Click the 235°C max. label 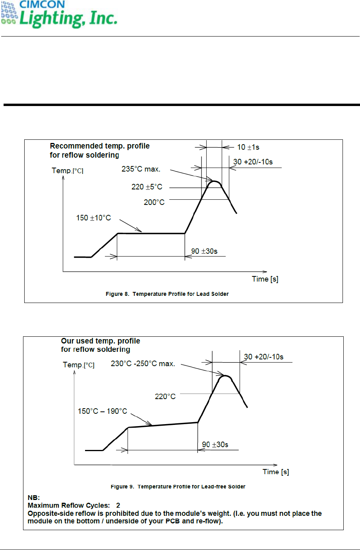click(141, 169)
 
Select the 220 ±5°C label click(147, 187)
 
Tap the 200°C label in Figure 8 click(154, 203)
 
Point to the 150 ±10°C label click(93, 218)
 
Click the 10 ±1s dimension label click(248, 147)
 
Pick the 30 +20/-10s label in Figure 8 click(253, 162)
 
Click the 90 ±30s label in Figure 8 click(204, 251)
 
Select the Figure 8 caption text click(167, 294)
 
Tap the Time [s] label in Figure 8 click(265, 279)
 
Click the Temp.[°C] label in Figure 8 click(68, 171)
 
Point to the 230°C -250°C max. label click(143, 364)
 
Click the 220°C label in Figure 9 click(165, 397)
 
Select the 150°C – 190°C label click(102, 411)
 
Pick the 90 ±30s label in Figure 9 click(215, 445)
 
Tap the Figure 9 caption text click(178, 487)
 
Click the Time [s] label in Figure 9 click(276, 472)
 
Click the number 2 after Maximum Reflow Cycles click(118, 506)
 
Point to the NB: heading click(34, 498)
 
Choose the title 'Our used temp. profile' click(100, 341)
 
